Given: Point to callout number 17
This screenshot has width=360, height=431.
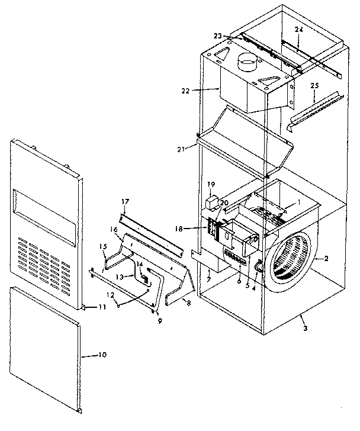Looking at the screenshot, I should [126, 201].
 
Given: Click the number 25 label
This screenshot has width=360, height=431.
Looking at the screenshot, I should [315, 86].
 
